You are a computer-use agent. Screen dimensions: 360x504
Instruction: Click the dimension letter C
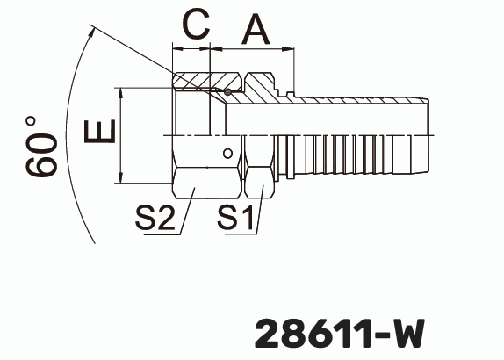point(193,25)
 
